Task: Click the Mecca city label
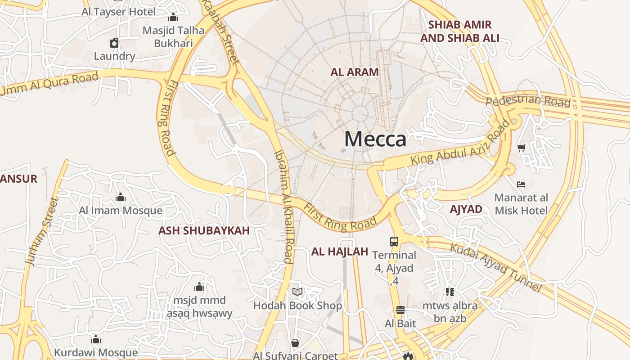pyautogui.click(x=375, y=139)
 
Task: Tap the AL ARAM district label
pyautogui.click(x=355, y=72)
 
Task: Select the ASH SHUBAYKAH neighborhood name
pyautogui.click(x=204, y=231)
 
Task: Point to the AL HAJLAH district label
pyautogui.click(x=340, y=252)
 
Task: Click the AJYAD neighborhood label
pyautogui.click(x=466, y=209)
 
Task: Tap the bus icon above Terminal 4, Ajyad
pyautogui.click(x=394, y=242)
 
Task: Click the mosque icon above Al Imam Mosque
pyautogui.click(x=121, y=197)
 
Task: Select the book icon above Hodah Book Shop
pyautogui.click(x=297, y=292)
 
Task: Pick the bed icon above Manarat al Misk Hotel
pyautogui.click(x=521, y=184)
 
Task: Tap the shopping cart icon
pyautogui.click(x=522, y=148)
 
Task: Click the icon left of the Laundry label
pyautogui.click(x=114, y=43)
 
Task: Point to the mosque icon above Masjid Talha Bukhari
pyautogui.click(x=173, y=18)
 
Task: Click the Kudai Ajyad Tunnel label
pyautogui.click(x=495, y=267)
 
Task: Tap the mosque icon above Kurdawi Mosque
pyautogui.click(x=96, y=339)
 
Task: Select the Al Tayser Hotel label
pyautogui.click(x=119, y=12)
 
